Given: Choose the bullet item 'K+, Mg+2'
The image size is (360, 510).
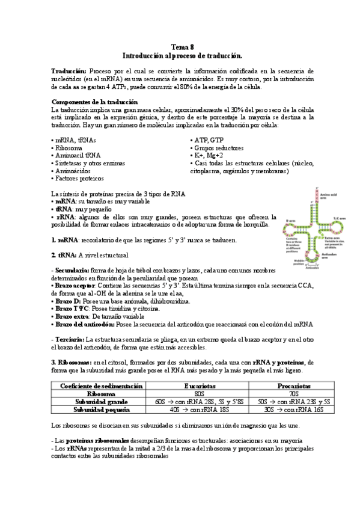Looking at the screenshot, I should [x=206, y=155].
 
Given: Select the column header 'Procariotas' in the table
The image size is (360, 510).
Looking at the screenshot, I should [x=294, y=386].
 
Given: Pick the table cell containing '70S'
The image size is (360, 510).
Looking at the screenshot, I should [x=294, y=393].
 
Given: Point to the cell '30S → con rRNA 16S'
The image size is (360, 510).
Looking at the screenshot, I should [x=294, y=409].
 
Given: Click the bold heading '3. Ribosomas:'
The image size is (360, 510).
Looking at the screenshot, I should [x=71, y=362].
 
